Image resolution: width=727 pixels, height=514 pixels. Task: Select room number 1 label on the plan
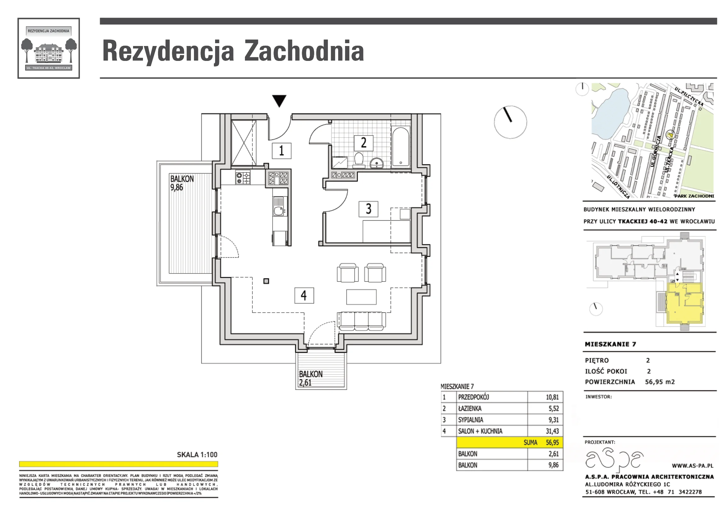click(x=282, y=151)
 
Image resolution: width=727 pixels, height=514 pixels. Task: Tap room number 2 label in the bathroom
click(x=364, y=143)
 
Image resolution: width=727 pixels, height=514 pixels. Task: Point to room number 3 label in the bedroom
click(x=368, y=209)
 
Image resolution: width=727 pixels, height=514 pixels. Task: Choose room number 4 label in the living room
click(x=304, y=296)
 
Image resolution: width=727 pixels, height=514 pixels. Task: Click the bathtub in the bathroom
click(x=401, y=147)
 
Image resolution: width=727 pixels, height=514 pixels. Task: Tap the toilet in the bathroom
click(x=359, y=159)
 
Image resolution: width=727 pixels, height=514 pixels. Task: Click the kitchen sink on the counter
click(x=279, y=206)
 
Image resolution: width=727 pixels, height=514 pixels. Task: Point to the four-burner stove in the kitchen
click(x=243, y=177)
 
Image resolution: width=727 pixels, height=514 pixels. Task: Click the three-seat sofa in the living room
click(x=361, y=321)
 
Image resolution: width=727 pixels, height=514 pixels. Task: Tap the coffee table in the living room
click(x=361, y=297)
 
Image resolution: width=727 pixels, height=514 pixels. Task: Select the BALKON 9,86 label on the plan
click(x=182, y=183)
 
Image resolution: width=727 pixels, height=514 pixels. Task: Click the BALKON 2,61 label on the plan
click(x=311, y=378)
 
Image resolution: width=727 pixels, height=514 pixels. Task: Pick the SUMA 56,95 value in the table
click(x=541, y=443)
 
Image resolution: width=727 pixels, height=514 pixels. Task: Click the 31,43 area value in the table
click(x=552, y=431)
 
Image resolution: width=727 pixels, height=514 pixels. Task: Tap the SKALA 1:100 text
click(x=197, y=455)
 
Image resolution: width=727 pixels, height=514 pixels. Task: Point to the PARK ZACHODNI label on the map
click(x=694, y=196)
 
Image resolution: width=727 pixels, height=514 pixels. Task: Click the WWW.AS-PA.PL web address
click(x=693, y=466)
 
